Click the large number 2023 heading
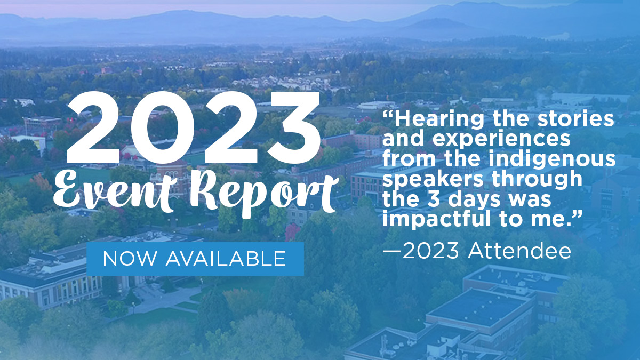point(193,127)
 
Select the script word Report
point(265,194)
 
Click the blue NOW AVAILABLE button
point(195,259)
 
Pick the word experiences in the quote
point(501,140)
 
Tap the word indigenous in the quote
point(552,159)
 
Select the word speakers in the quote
point(433,179)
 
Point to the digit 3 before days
point(434,199)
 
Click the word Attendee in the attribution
point(519,251)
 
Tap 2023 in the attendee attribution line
point(430,251)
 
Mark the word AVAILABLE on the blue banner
point(226,259)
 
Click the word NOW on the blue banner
point(130,259)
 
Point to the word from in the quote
point(409,159)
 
